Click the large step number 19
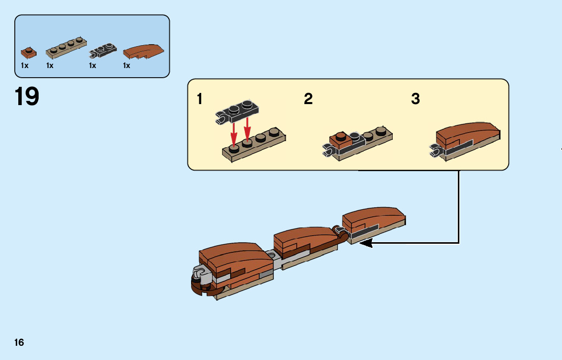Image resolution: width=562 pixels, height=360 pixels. click(27, 96)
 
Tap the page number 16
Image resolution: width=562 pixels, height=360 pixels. click(19, 343)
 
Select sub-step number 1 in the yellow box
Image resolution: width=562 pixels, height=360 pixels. click(200, 99)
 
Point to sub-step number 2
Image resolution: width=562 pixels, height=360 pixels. click(308, 99)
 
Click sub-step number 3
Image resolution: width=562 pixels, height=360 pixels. click(415, 99)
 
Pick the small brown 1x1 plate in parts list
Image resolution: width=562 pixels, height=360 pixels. click(29, 52)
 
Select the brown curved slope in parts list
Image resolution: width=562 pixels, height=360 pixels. click(144, 51)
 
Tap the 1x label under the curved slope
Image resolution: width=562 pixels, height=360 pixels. click(127, 66)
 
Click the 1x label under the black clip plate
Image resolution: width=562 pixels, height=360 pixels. click(92, 66)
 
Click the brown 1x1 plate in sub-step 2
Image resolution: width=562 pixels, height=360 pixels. click(339, 138)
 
